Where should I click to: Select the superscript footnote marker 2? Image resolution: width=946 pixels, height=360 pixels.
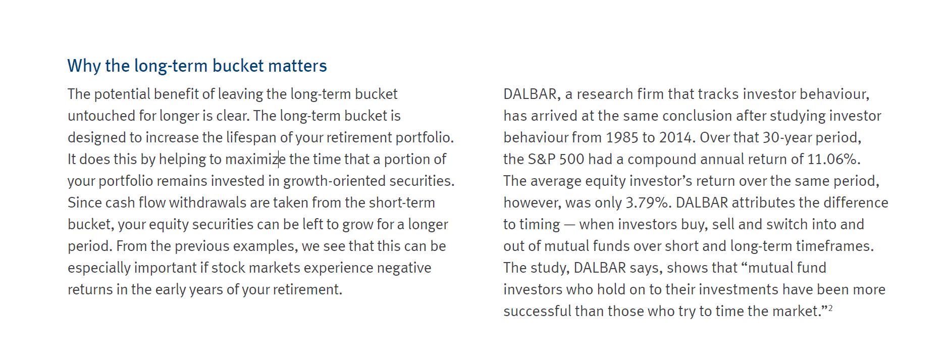pyautogui.click(x=830, y=308)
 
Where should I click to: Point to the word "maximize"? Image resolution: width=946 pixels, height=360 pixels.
pyautogui.click(x=255, y=159)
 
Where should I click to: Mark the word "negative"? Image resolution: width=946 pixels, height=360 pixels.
pyautogui.click(x=404, y=268)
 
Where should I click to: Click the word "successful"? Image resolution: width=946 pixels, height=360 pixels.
pyautogui.click(x=537, y=311)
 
